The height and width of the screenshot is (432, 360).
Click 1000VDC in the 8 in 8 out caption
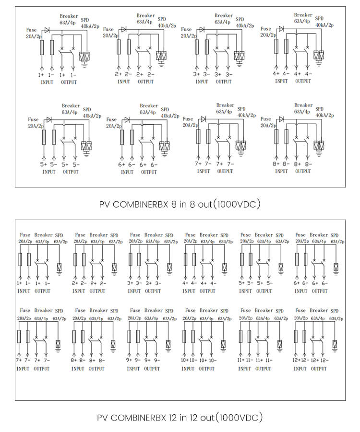[238, 204]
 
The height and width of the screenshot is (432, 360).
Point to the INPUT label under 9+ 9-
[133, 369]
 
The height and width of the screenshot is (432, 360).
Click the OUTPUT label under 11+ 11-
[263, 369]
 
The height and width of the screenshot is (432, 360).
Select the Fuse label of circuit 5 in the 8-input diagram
[33, 119]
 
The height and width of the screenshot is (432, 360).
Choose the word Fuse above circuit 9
[135, 310]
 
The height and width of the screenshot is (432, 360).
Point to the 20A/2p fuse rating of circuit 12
[300, 318]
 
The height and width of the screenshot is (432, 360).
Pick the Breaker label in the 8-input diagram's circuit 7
[225, 105]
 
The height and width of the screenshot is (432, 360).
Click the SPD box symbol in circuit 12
[335, 344]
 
